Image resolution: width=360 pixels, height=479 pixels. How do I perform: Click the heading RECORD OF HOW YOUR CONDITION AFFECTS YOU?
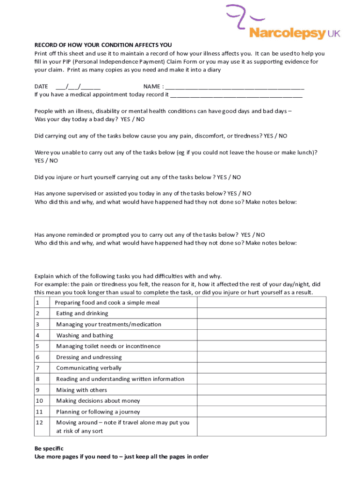[103, 45]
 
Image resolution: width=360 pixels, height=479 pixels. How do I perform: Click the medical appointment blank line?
[236, 94]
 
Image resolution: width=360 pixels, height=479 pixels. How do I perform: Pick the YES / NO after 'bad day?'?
[133, 119]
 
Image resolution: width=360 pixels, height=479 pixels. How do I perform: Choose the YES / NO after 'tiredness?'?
[275, 136]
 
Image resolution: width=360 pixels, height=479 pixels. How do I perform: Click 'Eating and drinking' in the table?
[82, 313]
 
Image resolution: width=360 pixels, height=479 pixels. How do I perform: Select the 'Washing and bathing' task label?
[85, 335]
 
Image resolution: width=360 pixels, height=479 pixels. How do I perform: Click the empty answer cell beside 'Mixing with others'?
[261, 390]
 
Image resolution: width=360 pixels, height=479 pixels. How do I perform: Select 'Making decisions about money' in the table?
[98, 401]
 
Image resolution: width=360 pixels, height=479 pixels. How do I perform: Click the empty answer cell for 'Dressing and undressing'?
[261, 357]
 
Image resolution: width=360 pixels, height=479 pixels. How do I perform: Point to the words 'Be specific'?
[49, 448]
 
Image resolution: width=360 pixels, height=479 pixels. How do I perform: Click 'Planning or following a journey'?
[98, 412]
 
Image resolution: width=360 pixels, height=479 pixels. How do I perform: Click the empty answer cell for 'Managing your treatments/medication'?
[261, 325]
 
